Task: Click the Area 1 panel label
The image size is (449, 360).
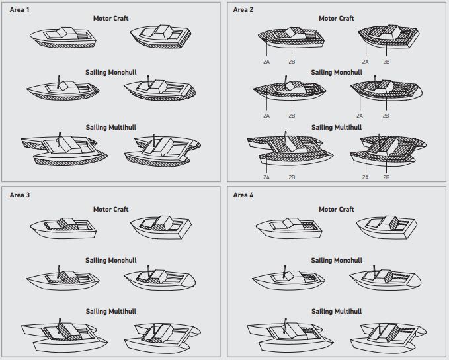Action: pyautogui.click(x=20, y=9)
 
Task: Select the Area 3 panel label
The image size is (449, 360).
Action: pyautogui.click(x=20, y=195)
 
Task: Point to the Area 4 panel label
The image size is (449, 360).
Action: pyautogui.click(x=244, y=195)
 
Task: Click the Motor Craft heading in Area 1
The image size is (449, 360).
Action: pyautogui.click(x=111, y=18)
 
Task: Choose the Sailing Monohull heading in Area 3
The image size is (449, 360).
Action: pyautogui.click(x=111, y=260)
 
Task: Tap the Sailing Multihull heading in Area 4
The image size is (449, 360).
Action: pyautogui.click(x=337, y=311)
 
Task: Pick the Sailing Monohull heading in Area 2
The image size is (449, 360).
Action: pyautogui.click(x=337, y=71)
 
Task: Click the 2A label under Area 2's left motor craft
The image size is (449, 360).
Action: pyautogui.click(x=266, y=61)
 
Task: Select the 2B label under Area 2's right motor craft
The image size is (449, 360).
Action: pyautogui.click(x=386, y=61)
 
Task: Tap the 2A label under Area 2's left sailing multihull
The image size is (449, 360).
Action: pyautogui.click(x=266, y=177)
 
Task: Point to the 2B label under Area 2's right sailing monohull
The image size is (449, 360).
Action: pyautogui.click(x=386, y=116)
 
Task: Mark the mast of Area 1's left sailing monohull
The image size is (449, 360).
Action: pyautogui.click(x=60, y=80)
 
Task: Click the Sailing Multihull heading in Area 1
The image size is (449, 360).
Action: pyautogui.click(x=111, y=126)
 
